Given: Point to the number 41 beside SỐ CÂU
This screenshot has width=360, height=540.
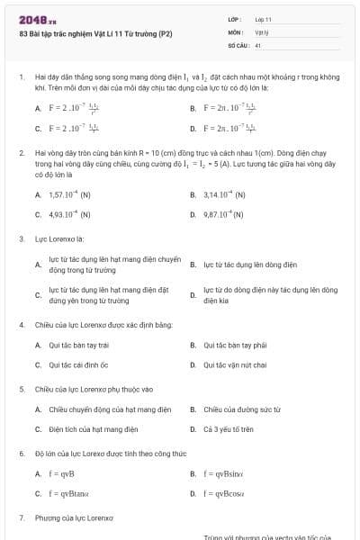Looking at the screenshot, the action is coord(257,44).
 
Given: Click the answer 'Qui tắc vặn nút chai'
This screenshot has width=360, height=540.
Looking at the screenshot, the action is coord(235,364).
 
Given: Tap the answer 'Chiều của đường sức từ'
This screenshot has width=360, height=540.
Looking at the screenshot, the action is coord(237,409).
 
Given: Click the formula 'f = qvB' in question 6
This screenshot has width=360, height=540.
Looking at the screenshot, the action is coord(62,472).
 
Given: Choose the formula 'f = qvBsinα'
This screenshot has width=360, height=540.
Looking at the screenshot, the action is coord(223,472).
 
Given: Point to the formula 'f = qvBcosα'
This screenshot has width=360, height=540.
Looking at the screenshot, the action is coord(223,493).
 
